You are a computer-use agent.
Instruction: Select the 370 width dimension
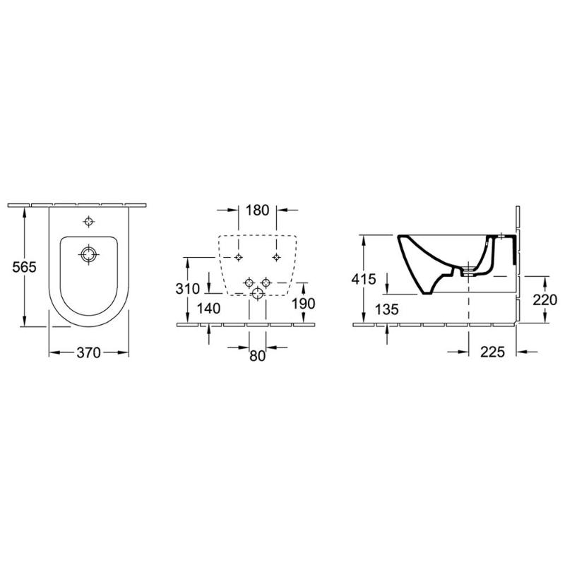point(88,352)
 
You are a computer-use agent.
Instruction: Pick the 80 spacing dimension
point(257,356)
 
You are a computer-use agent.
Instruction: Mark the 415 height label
point(364,278)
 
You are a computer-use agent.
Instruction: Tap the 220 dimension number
point(545,300)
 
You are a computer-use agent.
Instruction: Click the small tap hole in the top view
point(88,222)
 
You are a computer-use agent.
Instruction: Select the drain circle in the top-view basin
point(88,254)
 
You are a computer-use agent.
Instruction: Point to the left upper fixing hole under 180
point(239,256)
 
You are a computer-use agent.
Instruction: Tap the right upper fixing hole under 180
point(275,256)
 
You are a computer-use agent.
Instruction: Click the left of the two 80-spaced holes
point(248,282)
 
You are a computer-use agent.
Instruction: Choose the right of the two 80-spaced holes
point(266,282)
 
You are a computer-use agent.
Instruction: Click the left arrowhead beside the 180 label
point(234,210)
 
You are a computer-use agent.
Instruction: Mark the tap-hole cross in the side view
point(501,235)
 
